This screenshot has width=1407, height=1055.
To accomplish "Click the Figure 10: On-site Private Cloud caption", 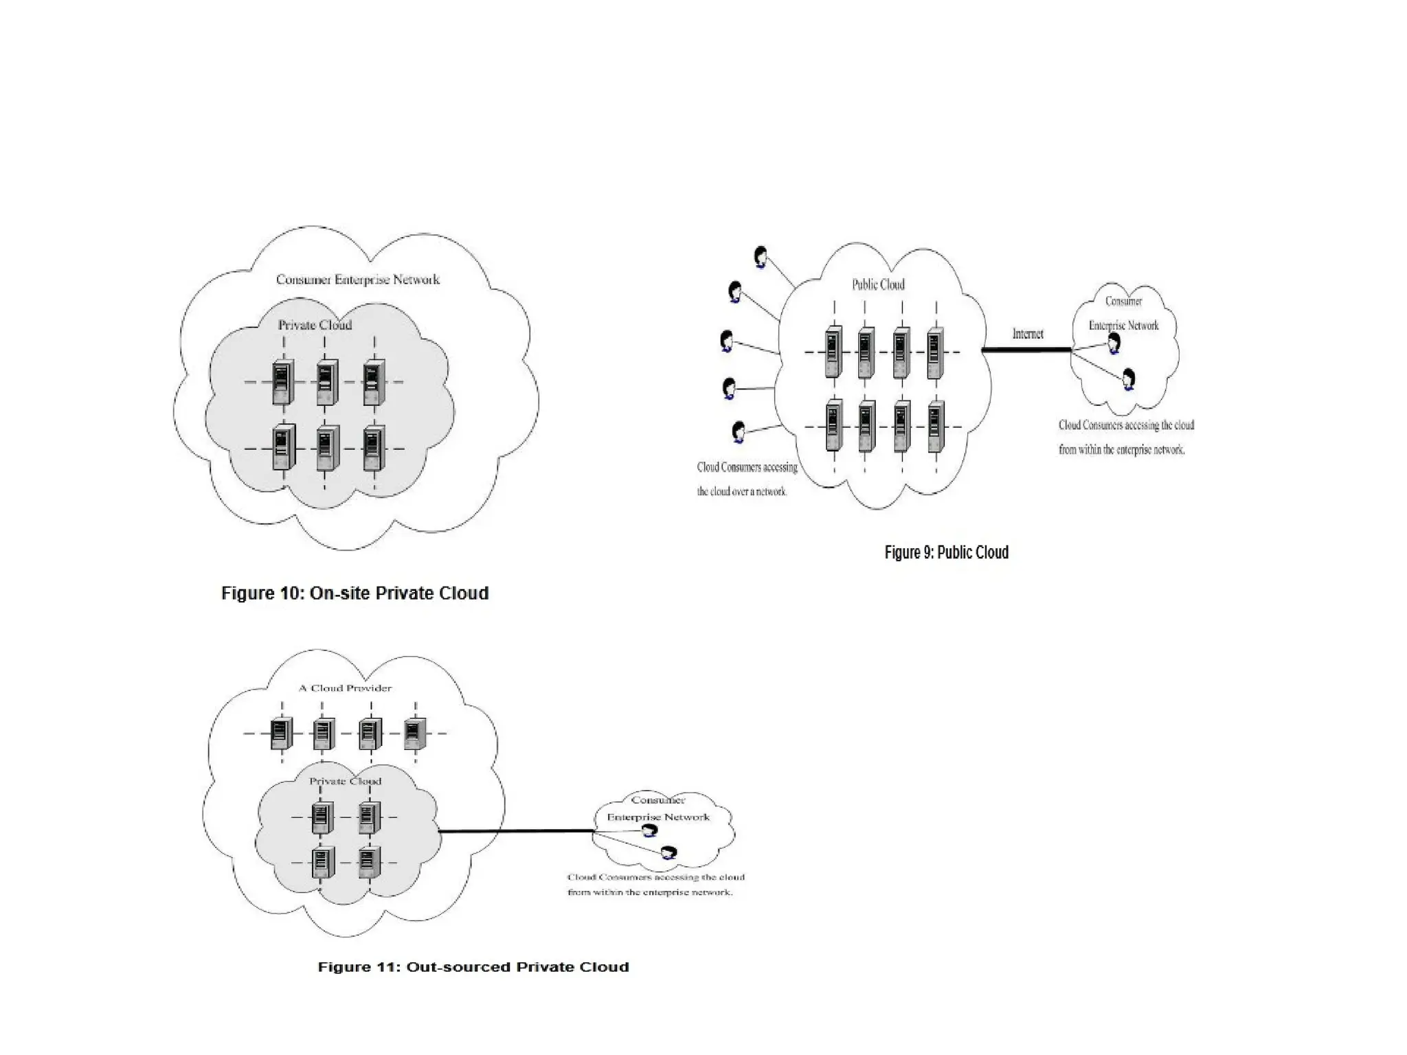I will click(x=354, y=593).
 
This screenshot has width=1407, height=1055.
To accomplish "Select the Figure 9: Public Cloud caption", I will click(x=946, y=552).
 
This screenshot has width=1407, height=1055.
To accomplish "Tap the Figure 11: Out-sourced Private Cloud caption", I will click(x=473, y=967).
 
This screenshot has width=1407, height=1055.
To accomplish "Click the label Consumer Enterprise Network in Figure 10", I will click(x=357, y=280).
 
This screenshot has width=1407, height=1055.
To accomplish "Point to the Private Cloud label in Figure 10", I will click(x=315, y=325).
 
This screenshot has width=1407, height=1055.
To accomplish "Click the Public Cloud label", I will click(x=878, y=284).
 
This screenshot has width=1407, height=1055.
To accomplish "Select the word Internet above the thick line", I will click(x=1027, y=334).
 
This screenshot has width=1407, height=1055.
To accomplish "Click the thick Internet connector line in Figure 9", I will click(x=1026, y=350).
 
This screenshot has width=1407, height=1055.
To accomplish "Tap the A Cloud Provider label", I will click(x=345, y=688).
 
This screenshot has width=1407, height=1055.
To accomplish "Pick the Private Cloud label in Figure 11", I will click(x=345, y=782).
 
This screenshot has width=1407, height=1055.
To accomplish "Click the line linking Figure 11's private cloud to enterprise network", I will click(x=515, y=832).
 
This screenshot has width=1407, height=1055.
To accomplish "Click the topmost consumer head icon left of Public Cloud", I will click(x=761, y=257).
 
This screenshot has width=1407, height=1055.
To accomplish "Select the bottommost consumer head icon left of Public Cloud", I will click(x=739, y=431).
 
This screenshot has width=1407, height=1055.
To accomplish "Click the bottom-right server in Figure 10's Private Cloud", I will click(x=374, y=448).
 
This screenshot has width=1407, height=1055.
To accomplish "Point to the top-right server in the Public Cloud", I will click(x=935, y=354).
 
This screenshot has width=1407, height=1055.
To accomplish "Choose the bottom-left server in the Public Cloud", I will click(x=834, y=426).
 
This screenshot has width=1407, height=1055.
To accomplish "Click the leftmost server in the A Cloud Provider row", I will click(x=281, y=734).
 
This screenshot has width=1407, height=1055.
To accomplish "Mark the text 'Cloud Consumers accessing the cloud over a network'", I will click(x=746, y=479).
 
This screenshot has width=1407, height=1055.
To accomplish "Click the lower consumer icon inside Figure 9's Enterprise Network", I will click(x=1128, y=378).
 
